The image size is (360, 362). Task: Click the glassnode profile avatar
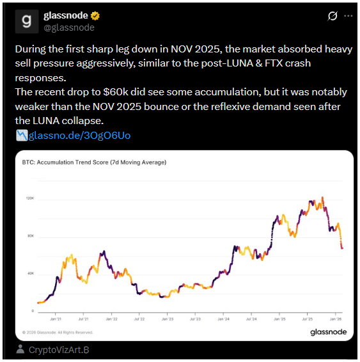click(x=26, y=21)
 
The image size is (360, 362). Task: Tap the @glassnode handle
click(x=68, y=28)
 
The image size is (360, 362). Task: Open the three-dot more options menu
click(x=348, y=15)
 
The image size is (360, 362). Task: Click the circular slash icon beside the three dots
click(x=333, y=15)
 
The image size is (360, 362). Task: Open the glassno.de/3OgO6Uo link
click(x=80, y=136)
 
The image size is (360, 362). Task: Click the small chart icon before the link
click(x=21, y=136)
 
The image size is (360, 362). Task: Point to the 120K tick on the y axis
click(x=30, y=199)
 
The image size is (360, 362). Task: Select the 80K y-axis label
click(x=30, y=237)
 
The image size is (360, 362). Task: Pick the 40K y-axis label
click(x=30, y=274)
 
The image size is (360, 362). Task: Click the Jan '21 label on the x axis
click(x=54, y=317)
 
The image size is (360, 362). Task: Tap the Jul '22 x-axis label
click(x=138, y=317)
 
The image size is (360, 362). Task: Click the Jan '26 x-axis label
click(x=335, y=317)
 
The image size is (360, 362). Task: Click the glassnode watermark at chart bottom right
click(x=328, y=332)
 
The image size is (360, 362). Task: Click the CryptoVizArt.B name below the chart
click(x=59, y=350)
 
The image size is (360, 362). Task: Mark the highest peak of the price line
click(x=323, y=198)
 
